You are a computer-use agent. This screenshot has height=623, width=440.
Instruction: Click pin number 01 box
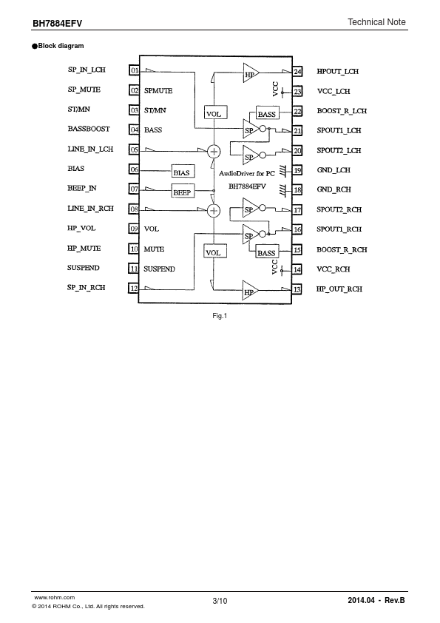click(135, 70)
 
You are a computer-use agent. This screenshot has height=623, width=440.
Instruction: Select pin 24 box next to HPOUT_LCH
click(297, 72)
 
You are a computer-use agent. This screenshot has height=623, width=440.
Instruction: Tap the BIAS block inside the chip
click(183, 171)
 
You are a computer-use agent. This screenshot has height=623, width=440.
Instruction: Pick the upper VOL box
click(215, 112)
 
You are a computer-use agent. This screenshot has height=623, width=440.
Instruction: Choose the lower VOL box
click(215, 251)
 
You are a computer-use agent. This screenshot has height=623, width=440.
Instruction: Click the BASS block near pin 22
click(268, 113)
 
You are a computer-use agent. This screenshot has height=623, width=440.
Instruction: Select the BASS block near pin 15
click(267, 252)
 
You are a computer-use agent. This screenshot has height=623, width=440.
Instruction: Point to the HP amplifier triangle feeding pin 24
click(251, 73)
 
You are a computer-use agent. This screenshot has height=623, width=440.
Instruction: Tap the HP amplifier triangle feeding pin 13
click(250, 291)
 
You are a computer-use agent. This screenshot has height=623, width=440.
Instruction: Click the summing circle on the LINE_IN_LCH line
click(214, 151)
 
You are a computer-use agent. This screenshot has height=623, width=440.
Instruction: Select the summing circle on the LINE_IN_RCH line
click(214, 210)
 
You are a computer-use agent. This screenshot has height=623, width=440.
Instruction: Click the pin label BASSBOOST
click(89, 129)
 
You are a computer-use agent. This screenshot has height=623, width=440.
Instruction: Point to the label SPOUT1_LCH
click(339, 130)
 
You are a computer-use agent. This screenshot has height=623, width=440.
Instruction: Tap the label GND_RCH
click(334, 189)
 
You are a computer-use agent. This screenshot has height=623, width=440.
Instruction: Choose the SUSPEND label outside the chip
click(83, 268)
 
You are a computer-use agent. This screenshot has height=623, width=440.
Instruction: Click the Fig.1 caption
click(220, 316)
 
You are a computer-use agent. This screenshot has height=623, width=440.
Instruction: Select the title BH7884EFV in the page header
click(57, 24)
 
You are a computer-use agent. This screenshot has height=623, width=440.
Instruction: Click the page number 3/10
click(220, 601)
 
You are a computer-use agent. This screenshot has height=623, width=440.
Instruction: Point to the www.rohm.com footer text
click(55, 598)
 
